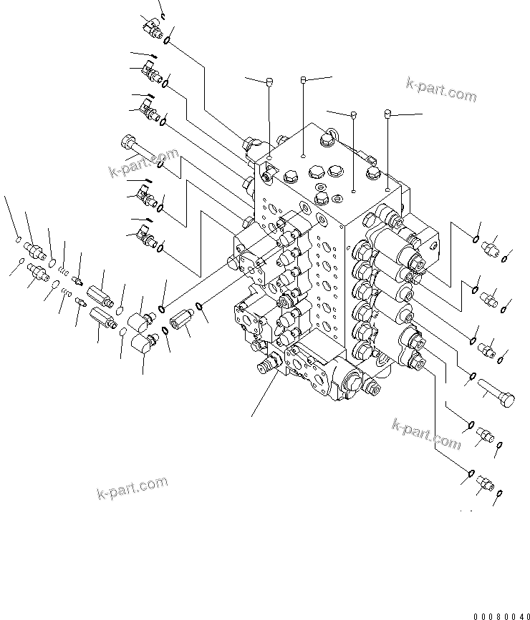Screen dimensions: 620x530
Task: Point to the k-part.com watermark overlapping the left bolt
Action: (143, 162)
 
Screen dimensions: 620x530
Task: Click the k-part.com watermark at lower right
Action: (426, 434)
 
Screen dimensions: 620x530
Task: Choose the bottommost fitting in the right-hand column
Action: (485, 486)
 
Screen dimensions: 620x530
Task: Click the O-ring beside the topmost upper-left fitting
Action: (166, 40)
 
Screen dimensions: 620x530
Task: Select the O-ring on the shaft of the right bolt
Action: (473, 377)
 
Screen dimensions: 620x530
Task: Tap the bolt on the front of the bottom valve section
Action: (373, 388)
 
